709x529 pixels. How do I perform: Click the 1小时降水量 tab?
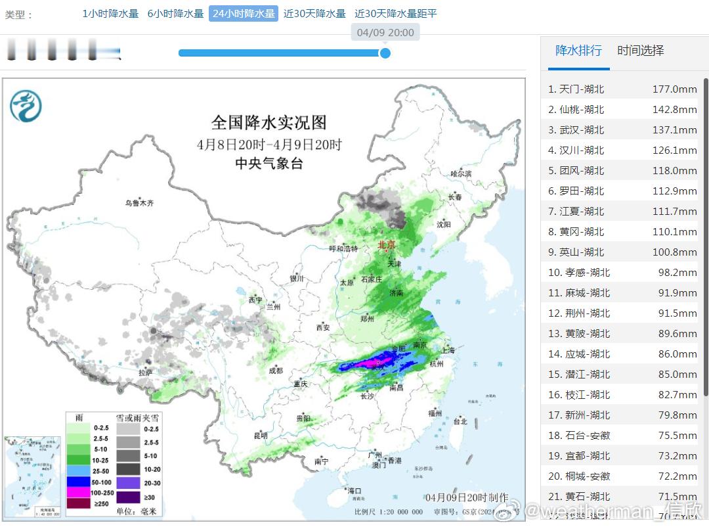click(110, 14)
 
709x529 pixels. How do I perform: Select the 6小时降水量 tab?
click(175, 14)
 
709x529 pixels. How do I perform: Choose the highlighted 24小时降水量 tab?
click(244, 14)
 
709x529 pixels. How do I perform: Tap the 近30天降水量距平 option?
click(395, 14)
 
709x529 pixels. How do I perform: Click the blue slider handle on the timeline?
click(385, 53)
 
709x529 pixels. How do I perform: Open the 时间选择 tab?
click(641, 51)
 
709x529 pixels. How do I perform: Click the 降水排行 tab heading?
click(578, 51)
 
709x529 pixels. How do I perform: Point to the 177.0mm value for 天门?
click(674, 89)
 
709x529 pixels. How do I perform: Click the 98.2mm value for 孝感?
click(677, 273)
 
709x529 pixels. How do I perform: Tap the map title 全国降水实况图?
click(269, 122)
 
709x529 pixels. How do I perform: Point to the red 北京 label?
click(387, 245)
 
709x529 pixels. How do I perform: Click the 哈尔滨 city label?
click(461, 174)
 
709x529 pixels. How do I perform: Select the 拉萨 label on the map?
click(146, 373)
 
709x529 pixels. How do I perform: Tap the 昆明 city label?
click(261, 436)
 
